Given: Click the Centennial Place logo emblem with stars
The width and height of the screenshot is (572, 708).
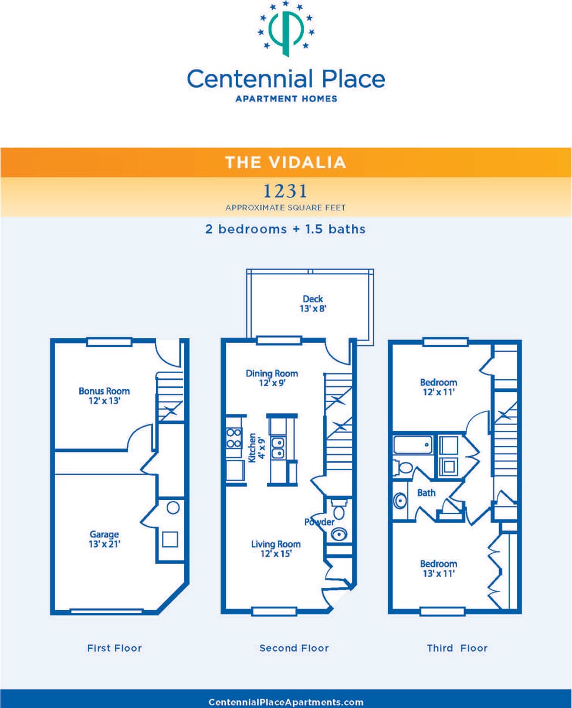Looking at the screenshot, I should tap(286, 29).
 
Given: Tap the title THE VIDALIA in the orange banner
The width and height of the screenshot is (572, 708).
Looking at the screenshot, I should tap(286, 162).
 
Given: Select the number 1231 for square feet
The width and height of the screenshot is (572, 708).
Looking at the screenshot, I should tap(286, 191).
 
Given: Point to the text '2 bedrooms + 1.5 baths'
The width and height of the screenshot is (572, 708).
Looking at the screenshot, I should tap(286, 229).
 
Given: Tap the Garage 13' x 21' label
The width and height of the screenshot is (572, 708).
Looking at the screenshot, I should tap(104, 539).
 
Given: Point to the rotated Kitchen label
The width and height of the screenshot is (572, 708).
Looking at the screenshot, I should tap(256, 448).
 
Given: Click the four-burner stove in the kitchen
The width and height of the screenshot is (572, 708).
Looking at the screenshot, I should tap(235, 438).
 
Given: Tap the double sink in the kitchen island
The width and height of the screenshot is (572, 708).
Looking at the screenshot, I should tap(277, 448).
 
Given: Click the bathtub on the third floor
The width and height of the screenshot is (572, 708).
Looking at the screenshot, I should tap(412, 445).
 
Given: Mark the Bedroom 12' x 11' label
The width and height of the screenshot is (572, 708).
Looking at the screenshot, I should tap(438, 387).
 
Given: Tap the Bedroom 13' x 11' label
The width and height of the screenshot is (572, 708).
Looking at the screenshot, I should tap(438, 569).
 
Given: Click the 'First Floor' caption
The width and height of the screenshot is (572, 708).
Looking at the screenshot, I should tap(114, 648).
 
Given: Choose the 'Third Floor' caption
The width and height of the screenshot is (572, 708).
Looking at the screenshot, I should tap(457, 648).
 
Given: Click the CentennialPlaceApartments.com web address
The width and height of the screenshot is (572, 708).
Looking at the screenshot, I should tap(286, 702).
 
